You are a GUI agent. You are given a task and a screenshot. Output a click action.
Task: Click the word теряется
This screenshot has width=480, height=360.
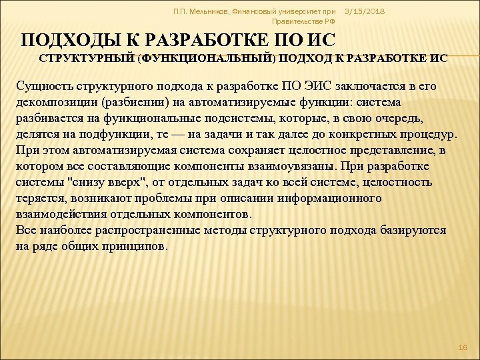coord(39,198)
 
